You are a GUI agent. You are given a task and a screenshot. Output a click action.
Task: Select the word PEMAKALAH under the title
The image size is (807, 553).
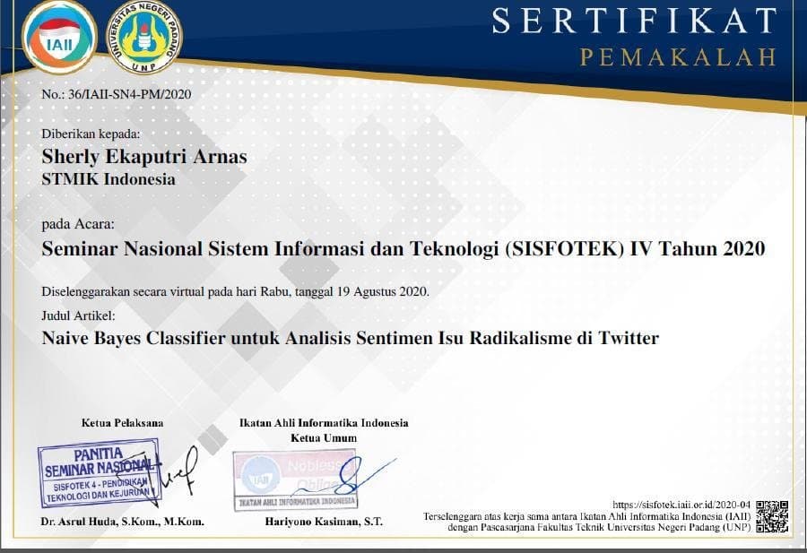[677, 57]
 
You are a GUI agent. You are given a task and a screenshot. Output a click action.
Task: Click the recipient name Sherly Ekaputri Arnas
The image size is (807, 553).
[144, 157]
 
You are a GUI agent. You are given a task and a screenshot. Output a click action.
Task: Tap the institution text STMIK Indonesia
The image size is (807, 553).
[108, 178]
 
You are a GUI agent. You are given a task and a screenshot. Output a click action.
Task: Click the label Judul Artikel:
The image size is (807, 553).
[79, 315]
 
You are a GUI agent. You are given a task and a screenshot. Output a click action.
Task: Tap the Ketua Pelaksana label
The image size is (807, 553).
[123, 422]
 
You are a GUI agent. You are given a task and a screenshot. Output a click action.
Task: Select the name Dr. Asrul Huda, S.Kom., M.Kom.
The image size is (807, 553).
[123, 522]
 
